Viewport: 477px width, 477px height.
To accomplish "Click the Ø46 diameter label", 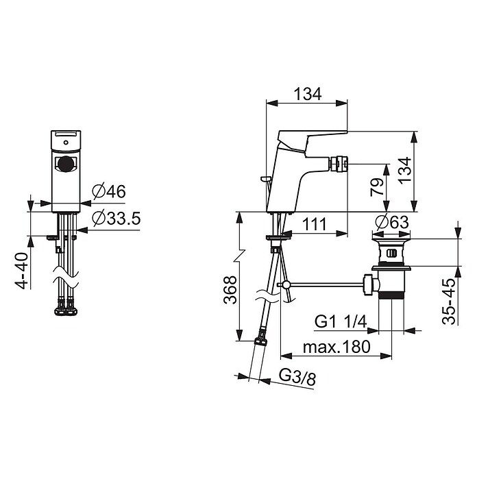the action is coord(109,192).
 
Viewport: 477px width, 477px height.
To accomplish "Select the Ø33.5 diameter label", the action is coord(117,218).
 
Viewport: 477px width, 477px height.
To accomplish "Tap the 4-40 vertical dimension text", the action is coord(22,271).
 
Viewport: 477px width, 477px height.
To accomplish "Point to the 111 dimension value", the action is coord(315,224).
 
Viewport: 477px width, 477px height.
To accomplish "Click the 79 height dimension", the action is coord(377,187).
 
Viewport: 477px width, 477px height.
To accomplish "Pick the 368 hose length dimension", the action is coord(230,289).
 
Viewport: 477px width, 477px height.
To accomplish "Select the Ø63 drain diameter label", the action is coord(392,222).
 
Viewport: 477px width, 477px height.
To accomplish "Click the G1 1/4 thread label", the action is coord(341,321).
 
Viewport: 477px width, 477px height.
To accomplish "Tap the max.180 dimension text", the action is coord(337,347).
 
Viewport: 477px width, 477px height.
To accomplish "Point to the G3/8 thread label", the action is coord(297,377).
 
